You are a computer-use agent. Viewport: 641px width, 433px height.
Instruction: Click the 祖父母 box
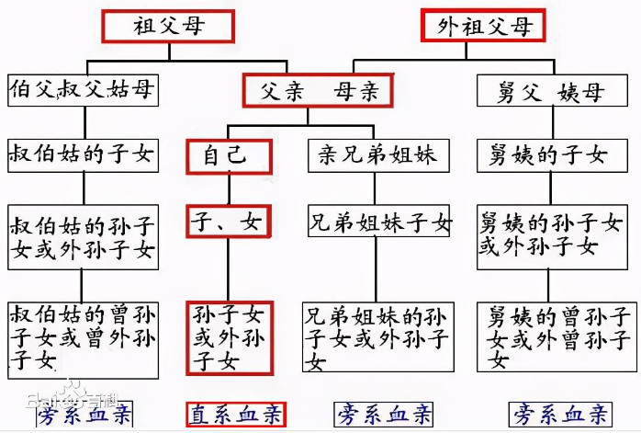pyautogui.click(x=168, y=27)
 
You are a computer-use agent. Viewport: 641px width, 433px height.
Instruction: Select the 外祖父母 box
pyautogui.click(x=483, y=26)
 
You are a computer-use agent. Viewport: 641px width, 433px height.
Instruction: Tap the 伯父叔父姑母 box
pyautogui.click(x=83, y=90)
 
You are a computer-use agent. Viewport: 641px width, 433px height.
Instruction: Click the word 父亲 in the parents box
pyautogui.click(x=283, y=91)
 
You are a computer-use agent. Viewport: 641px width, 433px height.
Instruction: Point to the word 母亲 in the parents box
pyautogui.click(x=356, y=91)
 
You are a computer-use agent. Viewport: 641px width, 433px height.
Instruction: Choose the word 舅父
pyautogui.click(x=519, y=92)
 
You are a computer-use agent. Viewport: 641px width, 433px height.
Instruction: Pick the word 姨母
pyautogui.click(x=580, y=92)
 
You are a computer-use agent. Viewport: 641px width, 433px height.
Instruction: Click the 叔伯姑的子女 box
pyautogui.click(x=83, y=155)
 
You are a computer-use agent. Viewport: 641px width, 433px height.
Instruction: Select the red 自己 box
pyautogui.click(x=229, y=157)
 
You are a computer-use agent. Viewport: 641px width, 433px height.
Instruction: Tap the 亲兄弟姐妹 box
pyautogui.click(x=378, y=155)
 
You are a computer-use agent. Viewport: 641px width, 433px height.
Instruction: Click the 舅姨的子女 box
pyautogui.click(x=552, y=155)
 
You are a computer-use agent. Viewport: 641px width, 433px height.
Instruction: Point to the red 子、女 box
pyautogui.click(x=229, y=222)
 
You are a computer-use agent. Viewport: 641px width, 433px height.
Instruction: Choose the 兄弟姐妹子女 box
pyautogui.click(x=379, y=221)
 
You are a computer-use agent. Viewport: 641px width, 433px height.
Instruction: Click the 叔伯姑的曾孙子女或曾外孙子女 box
pyautogui.click(x=83, y=340)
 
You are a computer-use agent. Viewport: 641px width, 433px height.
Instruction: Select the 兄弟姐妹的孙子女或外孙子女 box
pyautogui.click(x=378, y=337)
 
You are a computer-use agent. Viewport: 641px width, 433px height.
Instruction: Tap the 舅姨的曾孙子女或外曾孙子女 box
pyautogui.click(x=557, y=337)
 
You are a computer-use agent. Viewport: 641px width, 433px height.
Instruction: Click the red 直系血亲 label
pyautogui.click(x=236, y=415)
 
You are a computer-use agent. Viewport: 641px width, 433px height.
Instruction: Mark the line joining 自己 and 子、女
pyautogui.click(x=229, y=189)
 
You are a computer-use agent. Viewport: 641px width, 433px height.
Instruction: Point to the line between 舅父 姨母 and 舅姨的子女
pyautogui.click(x=553, y=123)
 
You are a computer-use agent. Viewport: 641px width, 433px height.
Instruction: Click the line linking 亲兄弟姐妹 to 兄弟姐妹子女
pyautogui.click(x=375, y=188)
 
